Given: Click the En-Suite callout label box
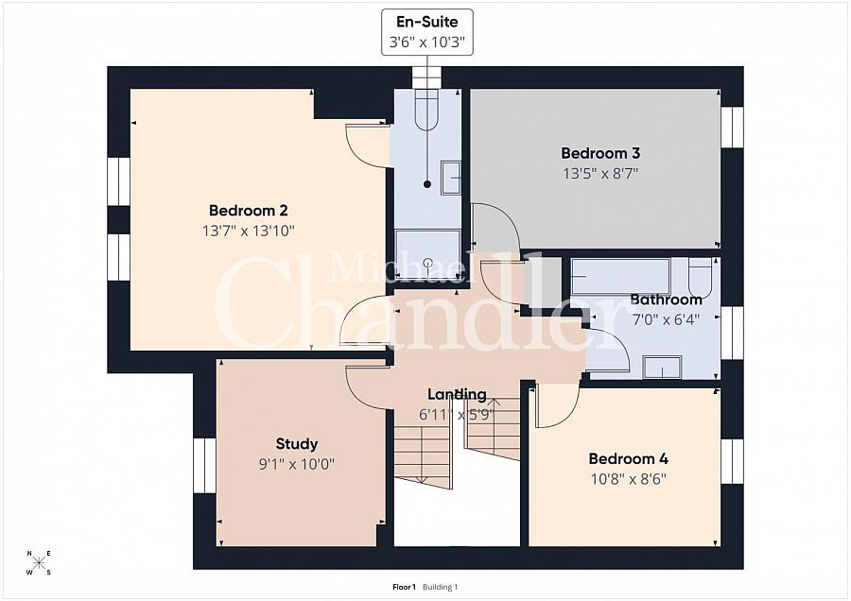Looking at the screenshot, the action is [427, 32].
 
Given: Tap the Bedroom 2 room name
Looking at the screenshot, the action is [248, 211].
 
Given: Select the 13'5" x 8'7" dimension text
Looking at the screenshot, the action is [600, 174].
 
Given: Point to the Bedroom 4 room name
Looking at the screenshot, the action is [629, 459].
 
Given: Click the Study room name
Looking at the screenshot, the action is [297, 444].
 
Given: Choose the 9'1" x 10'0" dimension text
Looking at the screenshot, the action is [297, 464].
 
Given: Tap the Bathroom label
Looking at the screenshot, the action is [667, 300].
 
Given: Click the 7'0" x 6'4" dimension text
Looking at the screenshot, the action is [666, 319].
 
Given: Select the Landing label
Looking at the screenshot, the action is [457, 394].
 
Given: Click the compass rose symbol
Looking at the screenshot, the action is [39, 562].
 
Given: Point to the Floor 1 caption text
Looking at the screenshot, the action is [404, 587].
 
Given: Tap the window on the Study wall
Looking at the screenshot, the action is [204, 465].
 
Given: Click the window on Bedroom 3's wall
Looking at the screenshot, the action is [732, 127].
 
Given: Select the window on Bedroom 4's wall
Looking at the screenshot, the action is [732, 461].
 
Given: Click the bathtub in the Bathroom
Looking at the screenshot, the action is [622, 277].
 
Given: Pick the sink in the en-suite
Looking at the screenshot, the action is [450, 178].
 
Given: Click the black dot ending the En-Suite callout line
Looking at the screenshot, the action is [427, 184].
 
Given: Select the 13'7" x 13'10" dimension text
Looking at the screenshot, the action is [248, 232].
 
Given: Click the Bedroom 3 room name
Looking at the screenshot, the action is [600, 153].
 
